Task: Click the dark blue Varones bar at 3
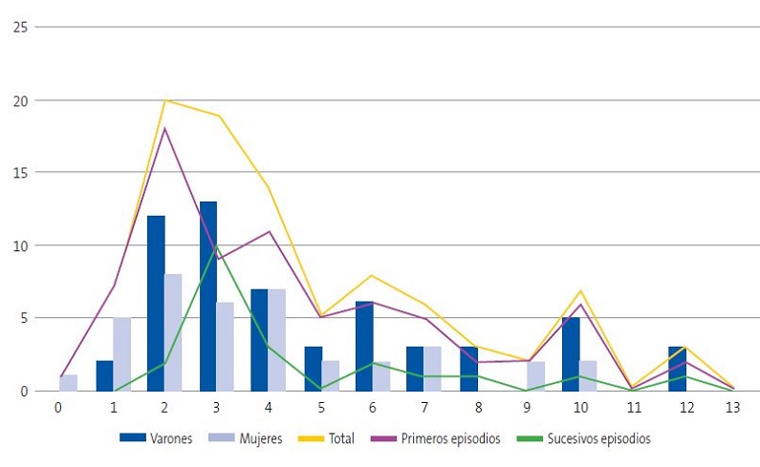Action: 207,296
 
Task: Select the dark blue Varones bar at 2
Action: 156,303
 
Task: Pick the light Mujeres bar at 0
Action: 69,383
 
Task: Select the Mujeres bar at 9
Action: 535,376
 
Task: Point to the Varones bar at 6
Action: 364,346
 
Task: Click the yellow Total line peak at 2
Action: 165,100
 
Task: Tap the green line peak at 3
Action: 217,246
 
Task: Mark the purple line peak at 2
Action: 165,128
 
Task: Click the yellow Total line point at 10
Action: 579,290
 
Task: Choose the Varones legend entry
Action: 158,438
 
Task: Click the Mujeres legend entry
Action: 242,438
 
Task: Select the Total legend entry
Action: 323,438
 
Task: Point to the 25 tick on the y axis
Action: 18,27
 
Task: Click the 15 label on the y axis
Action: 18,173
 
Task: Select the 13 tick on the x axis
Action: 731,407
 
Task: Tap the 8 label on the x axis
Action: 474,407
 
